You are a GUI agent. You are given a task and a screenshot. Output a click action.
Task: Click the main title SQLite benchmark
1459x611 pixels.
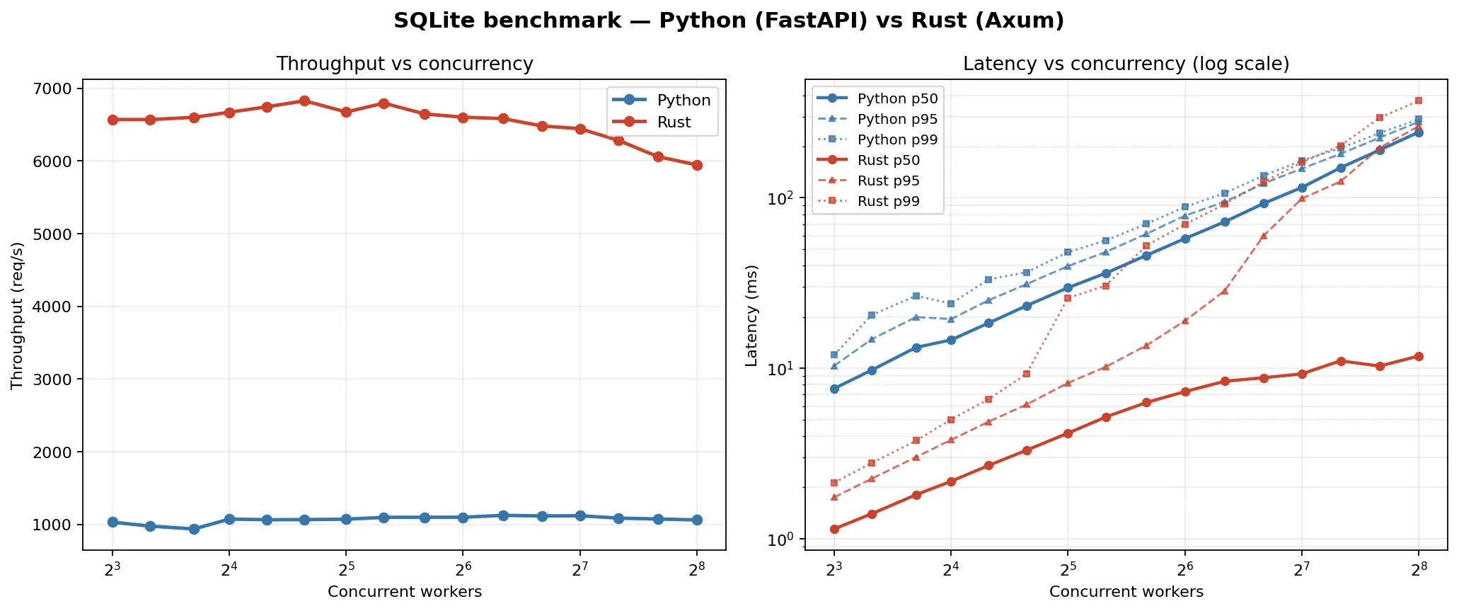pos(729,21)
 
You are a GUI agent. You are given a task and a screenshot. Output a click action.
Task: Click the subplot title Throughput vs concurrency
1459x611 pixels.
pos(404,64)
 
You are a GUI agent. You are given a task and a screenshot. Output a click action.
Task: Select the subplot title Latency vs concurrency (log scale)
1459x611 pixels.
pos(1126,64)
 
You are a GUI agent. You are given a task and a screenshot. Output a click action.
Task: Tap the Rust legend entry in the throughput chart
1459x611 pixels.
pos(673,122)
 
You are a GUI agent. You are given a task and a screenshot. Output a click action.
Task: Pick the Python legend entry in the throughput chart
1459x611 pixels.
pos(683,101)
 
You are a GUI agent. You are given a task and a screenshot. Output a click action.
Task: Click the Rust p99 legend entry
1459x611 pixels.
pos(888,202)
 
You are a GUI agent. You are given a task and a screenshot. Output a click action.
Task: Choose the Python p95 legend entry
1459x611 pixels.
pos(897,120)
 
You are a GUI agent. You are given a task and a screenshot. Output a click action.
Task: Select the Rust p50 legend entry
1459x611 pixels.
pos(888,161)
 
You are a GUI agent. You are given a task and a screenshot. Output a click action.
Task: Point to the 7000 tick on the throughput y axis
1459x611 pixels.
pos(52,88)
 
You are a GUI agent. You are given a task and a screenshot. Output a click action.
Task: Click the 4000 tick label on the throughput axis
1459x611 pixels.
pos(52,307)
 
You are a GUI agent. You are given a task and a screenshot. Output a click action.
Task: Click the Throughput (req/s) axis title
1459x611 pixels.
pos(18,316)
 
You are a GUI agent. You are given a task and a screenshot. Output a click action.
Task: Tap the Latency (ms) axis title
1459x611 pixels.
pos(751,316)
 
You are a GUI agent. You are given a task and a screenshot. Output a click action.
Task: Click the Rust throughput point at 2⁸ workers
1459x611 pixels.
pos(697,165)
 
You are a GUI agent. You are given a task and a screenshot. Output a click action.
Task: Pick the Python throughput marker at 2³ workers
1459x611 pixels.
pos(112,522)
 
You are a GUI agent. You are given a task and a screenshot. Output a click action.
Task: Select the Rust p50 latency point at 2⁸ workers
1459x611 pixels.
pos(1418,356)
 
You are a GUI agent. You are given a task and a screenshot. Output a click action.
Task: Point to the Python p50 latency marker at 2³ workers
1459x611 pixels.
pos(834,389)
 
